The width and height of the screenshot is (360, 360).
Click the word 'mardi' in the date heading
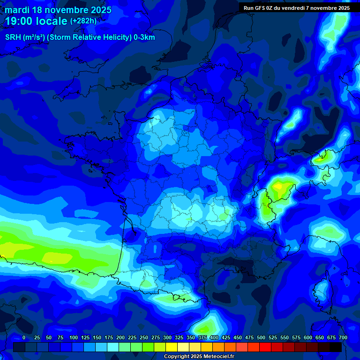(16, 10)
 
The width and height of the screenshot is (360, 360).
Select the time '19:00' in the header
(19, 21)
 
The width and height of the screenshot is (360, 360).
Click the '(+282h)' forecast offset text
(83, 21)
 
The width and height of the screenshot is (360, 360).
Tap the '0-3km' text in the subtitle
(144, 37)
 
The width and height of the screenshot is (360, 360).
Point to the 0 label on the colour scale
(24, 337)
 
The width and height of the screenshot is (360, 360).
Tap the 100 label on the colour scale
(74, 337)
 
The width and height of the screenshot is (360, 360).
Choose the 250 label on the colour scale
(144, 337)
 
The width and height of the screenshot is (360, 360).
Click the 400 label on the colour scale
(214, 337)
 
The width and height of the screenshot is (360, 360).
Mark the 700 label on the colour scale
(343, 337)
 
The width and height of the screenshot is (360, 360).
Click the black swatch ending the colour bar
(335, 347)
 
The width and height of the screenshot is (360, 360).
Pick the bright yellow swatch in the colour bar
(171, 347)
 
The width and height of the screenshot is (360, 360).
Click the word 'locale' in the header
(51, 21)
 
